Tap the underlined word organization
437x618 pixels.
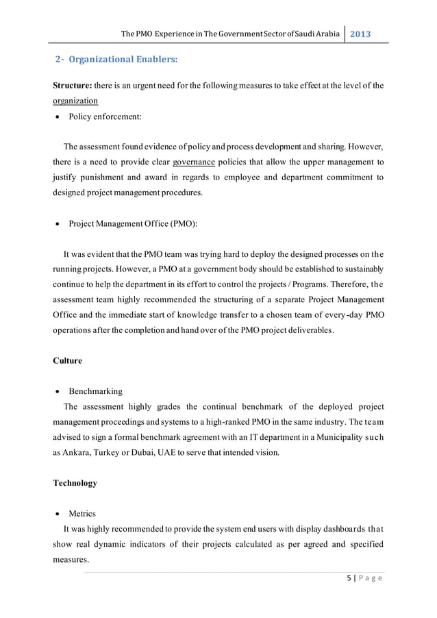pyautogui.click(x=75, y=100)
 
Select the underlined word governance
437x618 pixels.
pyautogui.click(x=194, y=162)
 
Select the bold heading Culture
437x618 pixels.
pyautogui.click(x=67, y=360)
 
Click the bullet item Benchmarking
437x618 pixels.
pyautogui.click(x=95, y=391)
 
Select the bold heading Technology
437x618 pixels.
pyautogui.click(x=75, y=483)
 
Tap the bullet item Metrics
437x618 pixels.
pyautogui.click(x=83, y=513)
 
